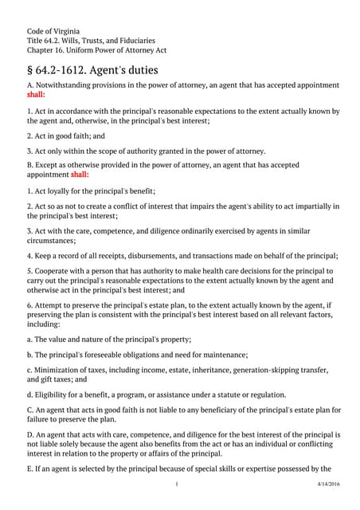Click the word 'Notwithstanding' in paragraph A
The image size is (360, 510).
(66, 84)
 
